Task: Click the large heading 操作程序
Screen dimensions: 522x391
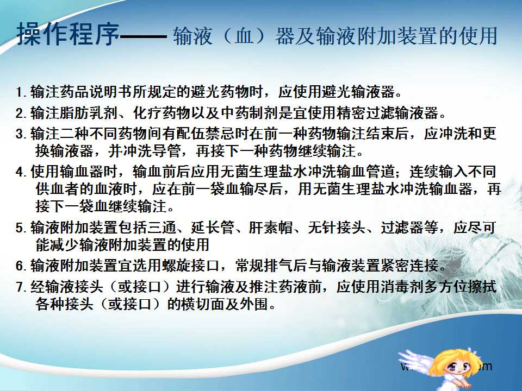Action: pyautogui.click(x=68, y=34)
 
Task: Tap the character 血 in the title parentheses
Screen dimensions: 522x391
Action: pyautogui.click(x=244, y=36)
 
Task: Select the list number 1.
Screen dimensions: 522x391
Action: pyautogui.click(x=21, y=92)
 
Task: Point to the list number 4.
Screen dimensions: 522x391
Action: pyautogui.click(x=21, y=172)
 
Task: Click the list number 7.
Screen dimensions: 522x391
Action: pyautogui.click(x=21, y=287)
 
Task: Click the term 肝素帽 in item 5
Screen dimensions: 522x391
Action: pyautogui.click(x=271, y=228)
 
